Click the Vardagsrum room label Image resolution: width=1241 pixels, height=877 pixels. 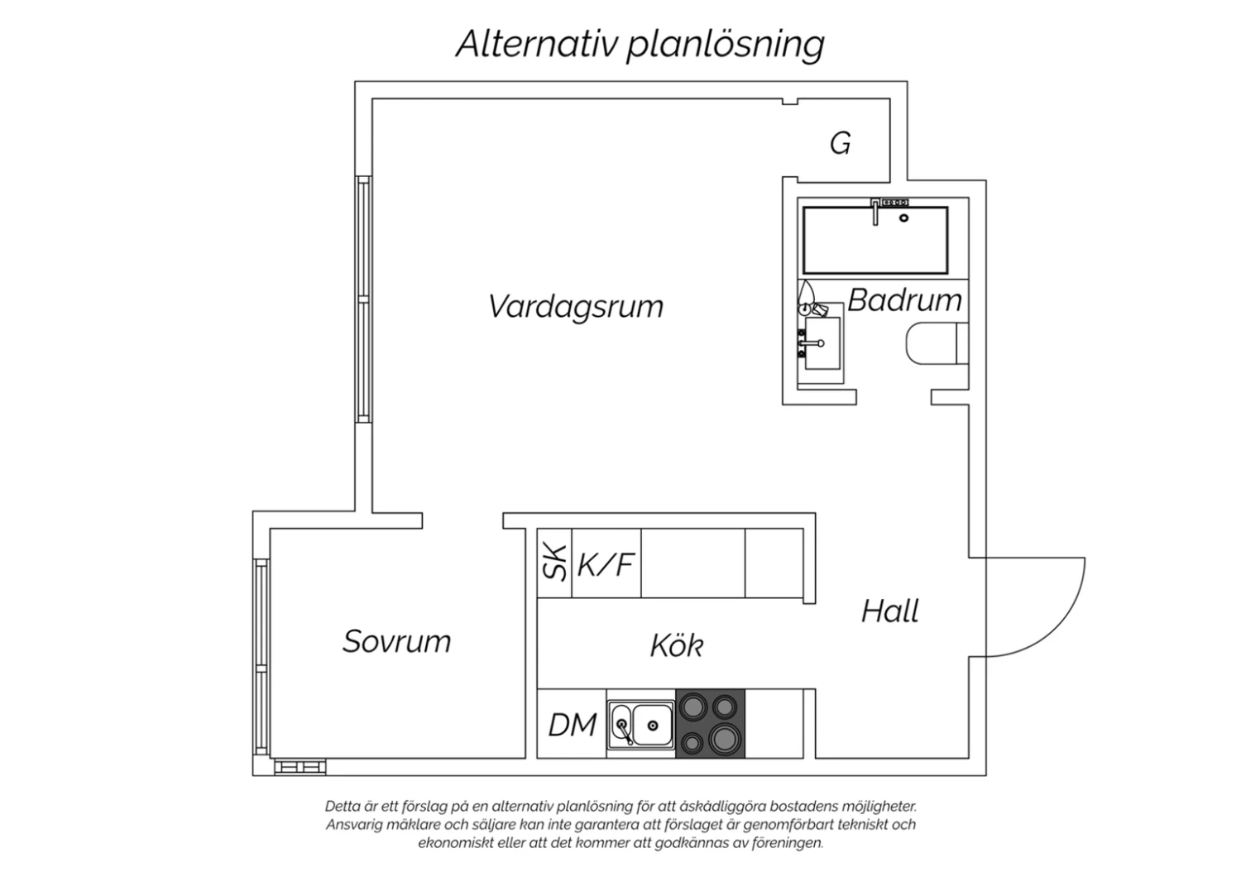pyautogui.click(x=576, y=307)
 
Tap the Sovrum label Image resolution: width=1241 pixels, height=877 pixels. pyautogui.click(x=397, y=641)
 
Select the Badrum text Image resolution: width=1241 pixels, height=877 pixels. pyautogui.click(x=904, y=300)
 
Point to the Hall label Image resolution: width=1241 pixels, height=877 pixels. pyautogui.click(x=890, y=611)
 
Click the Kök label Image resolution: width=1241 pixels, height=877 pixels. pyautogui.click(x=676, y=645)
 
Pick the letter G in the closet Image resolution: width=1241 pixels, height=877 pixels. pyautogui.click(x=841, y=144)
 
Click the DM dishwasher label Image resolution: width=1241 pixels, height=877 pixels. pyautogui.click(x=572, y=725)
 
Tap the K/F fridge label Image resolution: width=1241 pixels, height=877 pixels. pyautogui.click(x=606, y=564)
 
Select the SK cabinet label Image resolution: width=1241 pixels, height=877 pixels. pyautogui.click(x=554, y=563)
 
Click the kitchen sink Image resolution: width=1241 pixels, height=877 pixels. pyautogui.click(x=642, y=725)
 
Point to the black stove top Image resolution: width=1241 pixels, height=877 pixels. pyautogui.click(x=710, y=724)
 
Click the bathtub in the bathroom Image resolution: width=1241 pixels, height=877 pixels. pyautogui.click(x=875, y=240)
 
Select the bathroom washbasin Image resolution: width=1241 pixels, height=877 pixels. pyautogui.click(x=822, y=343)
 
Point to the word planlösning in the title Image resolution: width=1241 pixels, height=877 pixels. pyautogui.click(x=725, y=44)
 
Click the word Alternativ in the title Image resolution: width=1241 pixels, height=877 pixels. pyautogui.click(x=537, y=44)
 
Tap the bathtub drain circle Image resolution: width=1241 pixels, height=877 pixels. pyautogui.click(x=904, y=218)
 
